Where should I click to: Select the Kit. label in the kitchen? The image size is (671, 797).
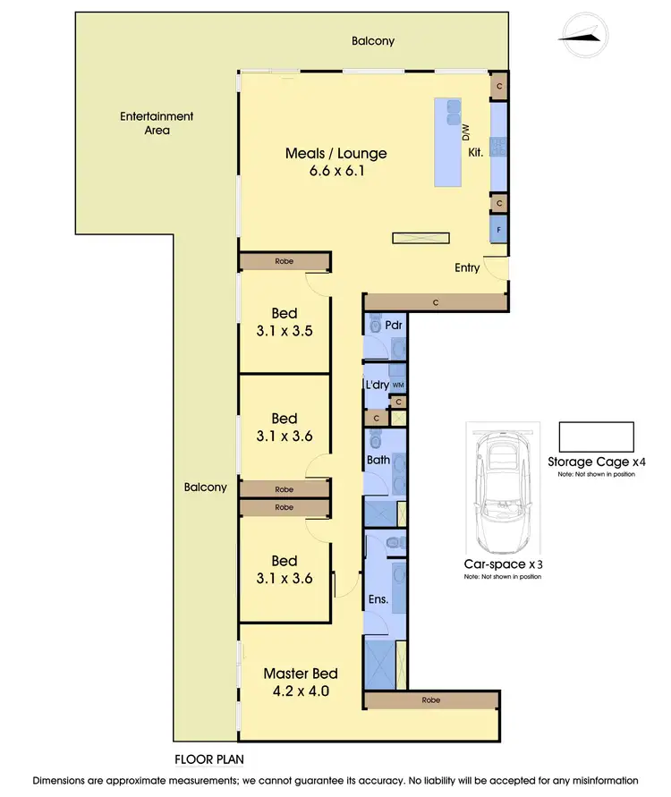click(x=476, y=153)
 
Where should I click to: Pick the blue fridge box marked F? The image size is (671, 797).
click(x=498, y=230)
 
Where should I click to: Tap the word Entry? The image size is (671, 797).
click(x=467, y=267)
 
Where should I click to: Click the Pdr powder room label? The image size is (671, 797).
click(x=394, y=325)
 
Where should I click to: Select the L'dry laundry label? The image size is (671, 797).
click(x=377, y=385)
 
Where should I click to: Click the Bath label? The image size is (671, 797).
click(x=378, y=461)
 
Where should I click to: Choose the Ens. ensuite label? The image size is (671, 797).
click(x=378, y=599)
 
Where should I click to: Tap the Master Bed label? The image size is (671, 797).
click(x=301, y=673)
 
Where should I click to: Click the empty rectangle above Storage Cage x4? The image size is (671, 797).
click(x=596, y=437)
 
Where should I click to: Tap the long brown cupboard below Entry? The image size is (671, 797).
click(x=435, y=303)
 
